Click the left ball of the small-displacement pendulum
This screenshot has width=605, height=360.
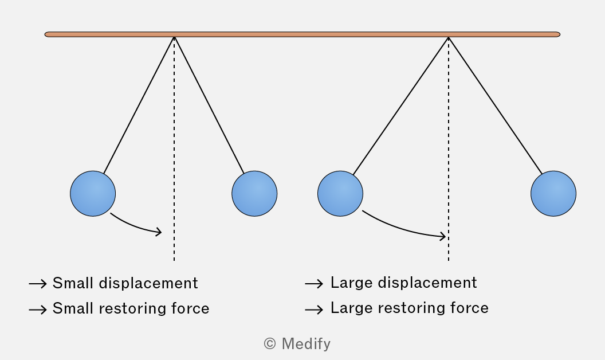[93, 194]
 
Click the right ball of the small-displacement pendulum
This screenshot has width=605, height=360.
[254, 194]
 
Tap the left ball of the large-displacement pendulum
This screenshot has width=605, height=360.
[340, 194]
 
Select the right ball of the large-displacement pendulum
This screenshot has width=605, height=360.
[553, 194]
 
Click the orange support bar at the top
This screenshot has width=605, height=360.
[302, 34]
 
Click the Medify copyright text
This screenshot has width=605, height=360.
[297, 344]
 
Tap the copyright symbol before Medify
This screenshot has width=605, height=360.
[270, 344]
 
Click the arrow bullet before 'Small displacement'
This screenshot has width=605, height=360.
[38, 284]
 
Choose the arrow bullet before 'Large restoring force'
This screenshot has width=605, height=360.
[314, 310]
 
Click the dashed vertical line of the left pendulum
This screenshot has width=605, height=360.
[174, 149]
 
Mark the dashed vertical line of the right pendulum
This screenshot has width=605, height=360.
[449, 149]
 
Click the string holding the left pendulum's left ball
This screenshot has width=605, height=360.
[139, 105]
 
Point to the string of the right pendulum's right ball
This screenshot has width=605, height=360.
[496, 105]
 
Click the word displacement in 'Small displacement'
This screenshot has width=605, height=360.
[148, 283]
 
